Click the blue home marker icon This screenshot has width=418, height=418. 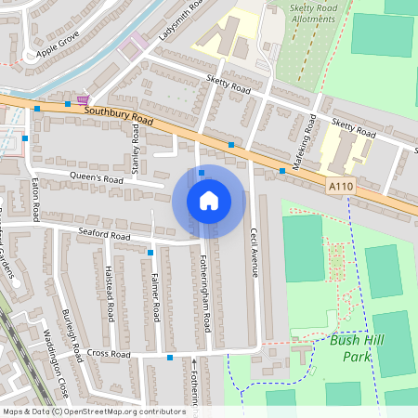point(208,201)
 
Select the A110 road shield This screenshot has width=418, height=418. point(341,188)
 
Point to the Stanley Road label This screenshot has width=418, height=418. point(137,145)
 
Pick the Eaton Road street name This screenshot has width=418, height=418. point(35,199)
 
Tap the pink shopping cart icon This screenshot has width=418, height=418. point(84,99)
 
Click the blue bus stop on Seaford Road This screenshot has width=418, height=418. point(150,252)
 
